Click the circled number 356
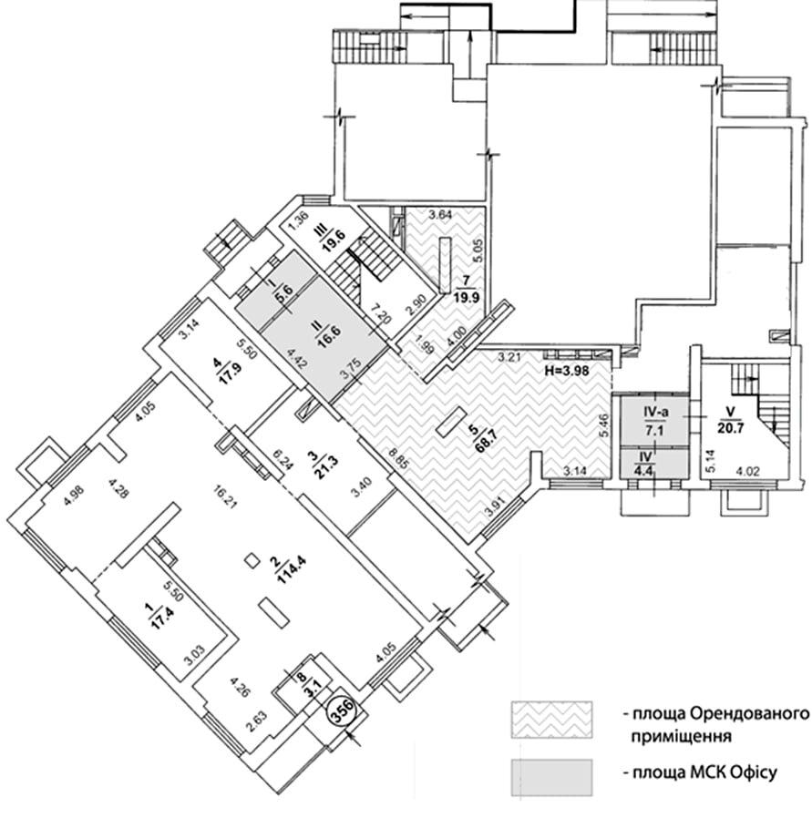pyautogui.click(x=344, y=711)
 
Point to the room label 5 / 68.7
pyautogui.click(x=480, y=439)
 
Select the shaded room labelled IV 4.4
pyautogui.click(x=655, y=464)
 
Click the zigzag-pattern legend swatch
pyautogui.click(x=551, y=720)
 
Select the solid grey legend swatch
pyautogui.click(x=551, y=778)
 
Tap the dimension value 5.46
pyautogui.click(x=604, y=424)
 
